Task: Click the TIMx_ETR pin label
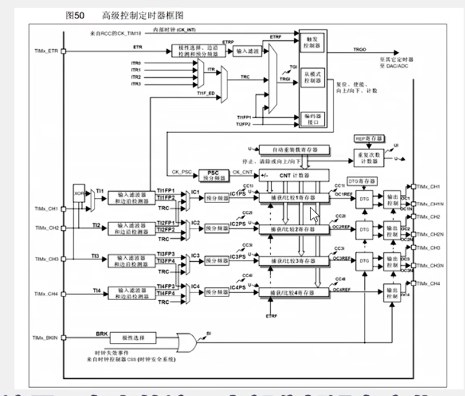pos(45,50)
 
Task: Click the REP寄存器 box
pos(367,137)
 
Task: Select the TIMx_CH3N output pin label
pos(431,264)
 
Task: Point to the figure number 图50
pos(75,14)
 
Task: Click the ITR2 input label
pos(136,77)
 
